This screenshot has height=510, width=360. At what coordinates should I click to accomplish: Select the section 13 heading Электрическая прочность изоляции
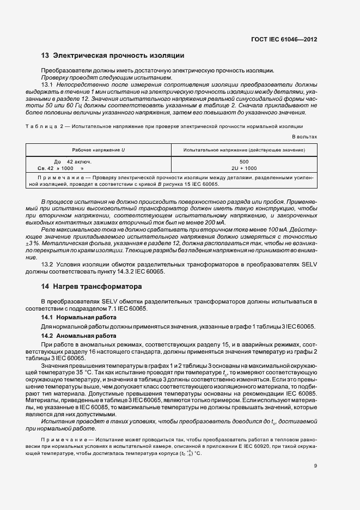coord(113,56)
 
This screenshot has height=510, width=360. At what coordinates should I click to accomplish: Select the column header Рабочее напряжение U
coord(99,149)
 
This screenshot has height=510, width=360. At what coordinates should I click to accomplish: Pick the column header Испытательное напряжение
coord(243,149)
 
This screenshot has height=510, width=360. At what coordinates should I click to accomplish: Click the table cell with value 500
coord(243,162)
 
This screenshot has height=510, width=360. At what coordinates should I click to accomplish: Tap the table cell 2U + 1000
coord(243,168)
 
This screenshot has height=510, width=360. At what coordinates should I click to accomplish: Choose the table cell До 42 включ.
coord(73,162)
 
